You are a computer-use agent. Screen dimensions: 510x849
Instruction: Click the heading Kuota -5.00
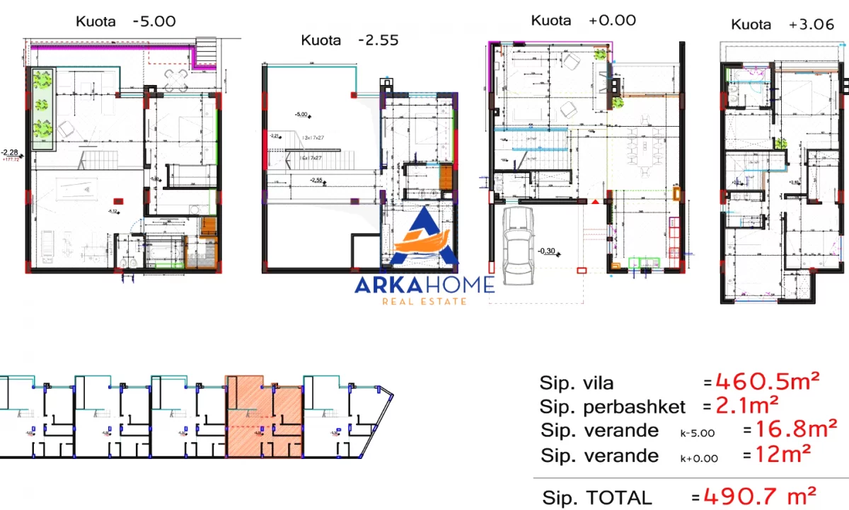pyautogui.click(x=125, y=21)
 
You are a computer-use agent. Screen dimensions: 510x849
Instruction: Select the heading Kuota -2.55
pyautogui.click(x=350, y=40)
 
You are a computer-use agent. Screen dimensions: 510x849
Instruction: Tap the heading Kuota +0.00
pyautogui.click(x=583, y=20)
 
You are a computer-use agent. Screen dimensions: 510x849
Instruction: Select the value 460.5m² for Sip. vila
pyautogui.click(x=767, y=382)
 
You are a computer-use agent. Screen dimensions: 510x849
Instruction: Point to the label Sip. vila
pyautogui.click(x=577, y=383)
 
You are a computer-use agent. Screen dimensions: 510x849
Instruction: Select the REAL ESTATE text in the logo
pyautogui.click(x=424, y=302)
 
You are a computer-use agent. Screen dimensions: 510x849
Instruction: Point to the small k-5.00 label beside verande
pyautogui.click(x=698, y=433)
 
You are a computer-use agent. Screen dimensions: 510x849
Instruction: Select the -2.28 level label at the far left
pyautogui.click(x=10, y=152)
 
